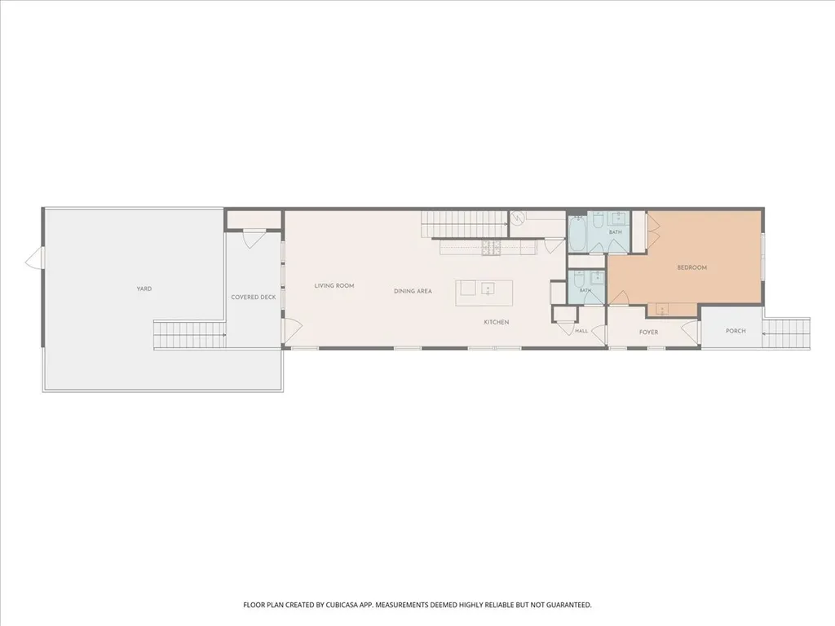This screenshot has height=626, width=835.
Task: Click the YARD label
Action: click(x=144, y=289)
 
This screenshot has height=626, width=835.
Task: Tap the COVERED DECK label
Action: click(x=254, y=297)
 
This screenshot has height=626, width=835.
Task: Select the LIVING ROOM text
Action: click(x=334, y=286)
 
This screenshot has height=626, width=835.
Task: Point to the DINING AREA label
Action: click(x=413, y=291)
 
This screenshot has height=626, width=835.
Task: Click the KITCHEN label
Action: click(x=497, y=322)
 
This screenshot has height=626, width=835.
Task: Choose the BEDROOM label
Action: click(x=691, y=267)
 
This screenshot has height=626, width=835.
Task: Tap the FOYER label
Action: click(x=648, y=333)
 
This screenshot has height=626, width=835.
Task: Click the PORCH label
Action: click(x=736, y=331)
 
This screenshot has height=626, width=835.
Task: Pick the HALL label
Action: click(x=581, y=331)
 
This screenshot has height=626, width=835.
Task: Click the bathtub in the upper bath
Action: click(x=577, y=234)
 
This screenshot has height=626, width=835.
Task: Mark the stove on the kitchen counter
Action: click(x=492, y=248)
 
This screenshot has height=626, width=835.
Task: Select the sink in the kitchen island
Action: click(x=488, y=289)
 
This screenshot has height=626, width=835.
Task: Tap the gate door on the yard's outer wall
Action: click(x=33, y=259)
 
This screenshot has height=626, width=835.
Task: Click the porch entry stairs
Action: click(x=787, y=333)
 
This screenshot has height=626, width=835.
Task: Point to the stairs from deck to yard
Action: click(x=189, y=335)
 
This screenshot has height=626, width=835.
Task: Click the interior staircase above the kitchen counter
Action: click(x=464, y=224)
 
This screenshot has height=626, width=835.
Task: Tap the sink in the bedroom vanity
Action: click(x=661, y=309)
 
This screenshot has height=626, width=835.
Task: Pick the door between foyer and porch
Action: click(x=691, y=332)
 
